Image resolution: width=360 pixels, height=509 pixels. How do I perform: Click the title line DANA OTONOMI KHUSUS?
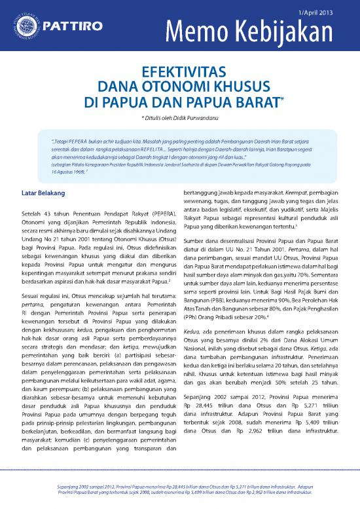point(180,86)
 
